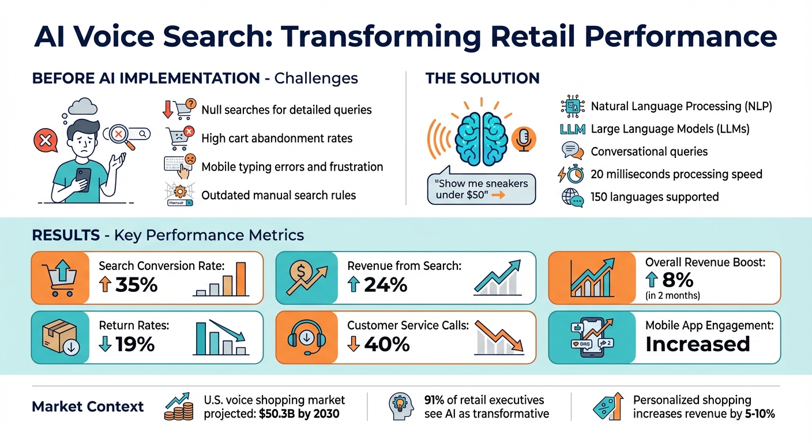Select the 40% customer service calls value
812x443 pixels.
click(385, 344)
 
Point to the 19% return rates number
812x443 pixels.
click(134, 344)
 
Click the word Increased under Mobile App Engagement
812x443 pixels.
click(697, 344)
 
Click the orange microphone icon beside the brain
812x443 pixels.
click(524, 139)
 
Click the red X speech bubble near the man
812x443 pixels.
click(44, 140)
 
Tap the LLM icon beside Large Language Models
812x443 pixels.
click(572, 129)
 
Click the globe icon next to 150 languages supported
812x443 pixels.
click(572, 198)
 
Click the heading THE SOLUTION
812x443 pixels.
click(482, 78)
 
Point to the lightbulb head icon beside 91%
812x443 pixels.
click(401, 406)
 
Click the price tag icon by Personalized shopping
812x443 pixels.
click(608, 406)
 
